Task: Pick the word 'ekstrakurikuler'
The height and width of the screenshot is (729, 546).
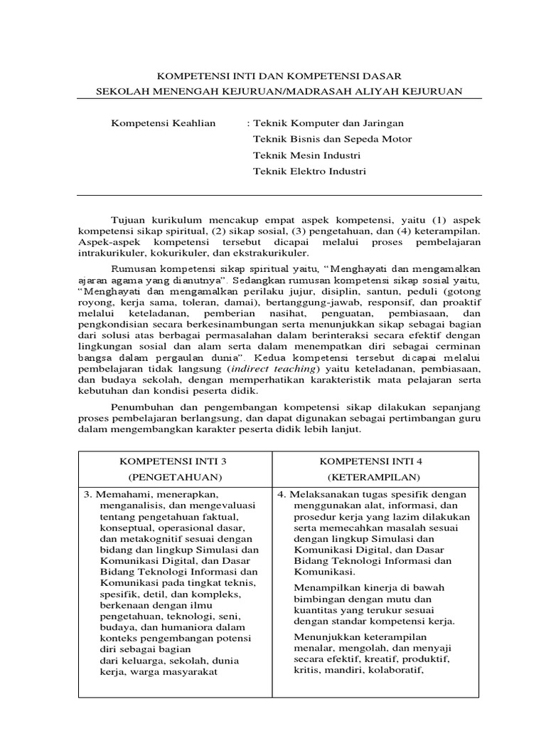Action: click(x=274, y=253)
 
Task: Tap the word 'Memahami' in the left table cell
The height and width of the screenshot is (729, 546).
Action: click(x=118, y=494)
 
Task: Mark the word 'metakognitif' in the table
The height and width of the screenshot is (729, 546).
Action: click(x=142, y=539)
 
